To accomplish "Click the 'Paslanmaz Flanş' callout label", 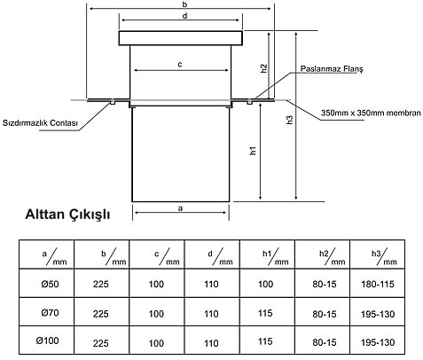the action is click(x=332, y=69).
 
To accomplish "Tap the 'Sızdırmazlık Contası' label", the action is click(x=40, y=122).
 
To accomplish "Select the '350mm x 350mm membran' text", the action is click(x=371, y=113).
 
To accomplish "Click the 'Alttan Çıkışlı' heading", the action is click(x=67, y=215).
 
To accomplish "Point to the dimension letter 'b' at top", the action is click(x=184, y=4).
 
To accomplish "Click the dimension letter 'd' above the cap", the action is click(x=184, y=16).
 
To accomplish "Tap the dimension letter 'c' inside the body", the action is click(x=180, y=65).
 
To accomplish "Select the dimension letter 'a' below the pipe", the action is click(x=180, y=208).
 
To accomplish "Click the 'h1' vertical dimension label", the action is click(x=253, y=151).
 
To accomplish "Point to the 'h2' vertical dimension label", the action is click(x=264, y=68).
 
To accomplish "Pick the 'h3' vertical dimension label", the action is click(x=290, y=120).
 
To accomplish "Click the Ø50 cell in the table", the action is click(x=50, y=284).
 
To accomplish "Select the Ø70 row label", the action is click(x=50, y=313).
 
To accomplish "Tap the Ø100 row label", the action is click(x=47, y=340).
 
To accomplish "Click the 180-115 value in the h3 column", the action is click(x=378, y=285).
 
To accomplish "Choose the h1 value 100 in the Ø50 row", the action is click(x=265, y=284).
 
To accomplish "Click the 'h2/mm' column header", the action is click(x=332, y=257).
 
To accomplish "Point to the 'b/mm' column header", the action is click(x=114, y=257).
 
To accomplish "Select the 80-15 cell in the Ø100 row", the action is click(x=325, y=342).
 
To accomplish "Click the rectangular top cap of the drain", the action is click(x=181, y=38).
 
